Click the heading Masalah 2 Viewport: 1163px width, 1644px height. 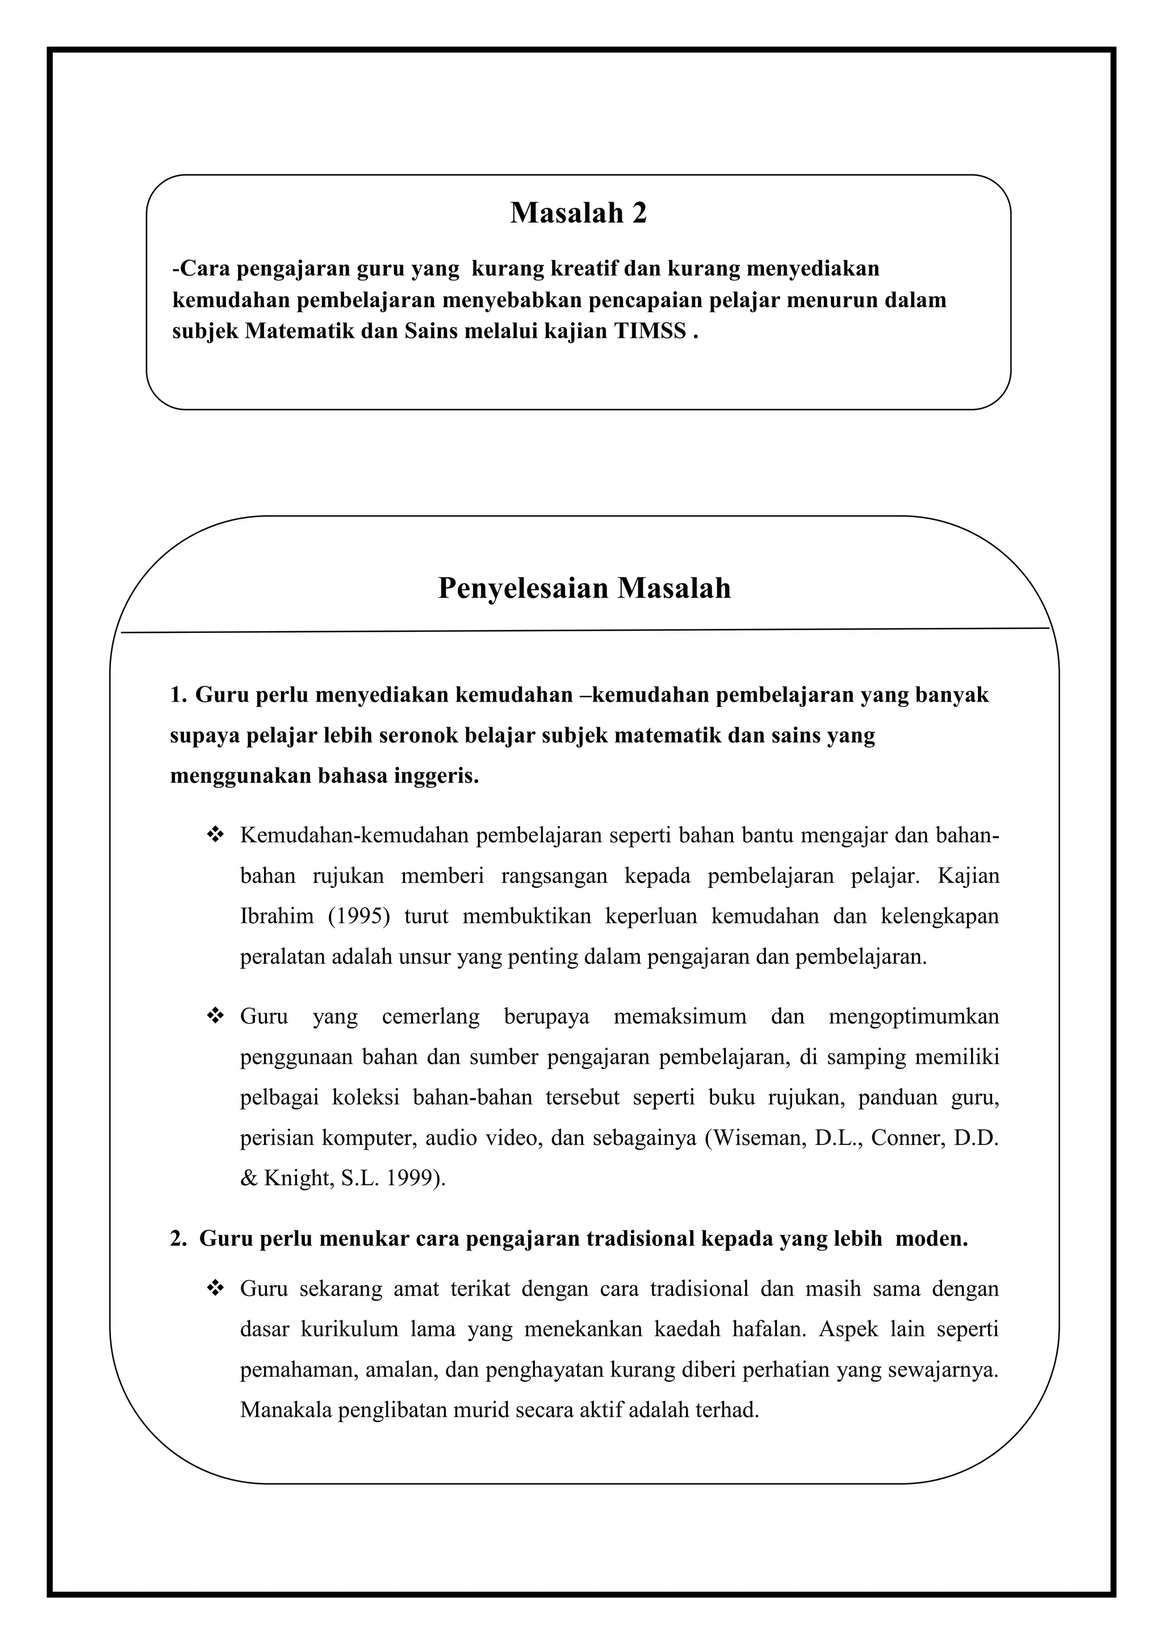click(578, 213)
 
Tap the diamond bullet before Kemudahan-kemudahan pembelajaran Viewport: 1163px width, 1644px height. click(215, 835)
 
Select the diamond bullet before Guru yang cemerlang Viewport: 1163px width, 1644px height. click(215, 1016)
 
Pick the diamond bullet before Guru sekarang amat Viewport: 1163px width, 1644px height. click(215, 1289)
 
